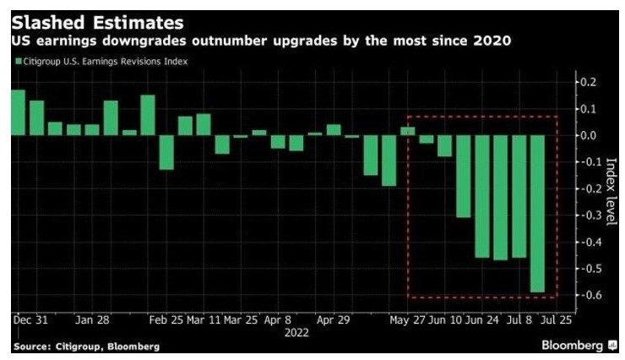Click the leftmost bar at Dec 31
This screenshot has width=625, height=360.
pyautogui.click(x=18, y=112)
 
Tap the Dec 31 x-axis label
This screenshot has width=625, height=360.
pyautogui.click(x=30, y=321)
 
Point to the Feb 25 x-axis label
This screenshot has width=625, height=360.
pyautogui.click(x=166, y=321)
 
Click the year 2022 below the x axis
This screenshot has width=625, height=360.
pyautogui.click(x=296, y=333)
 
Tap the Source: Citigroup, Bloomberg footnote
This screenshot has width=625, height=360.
pyautogui.click(x=86, y=347)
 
